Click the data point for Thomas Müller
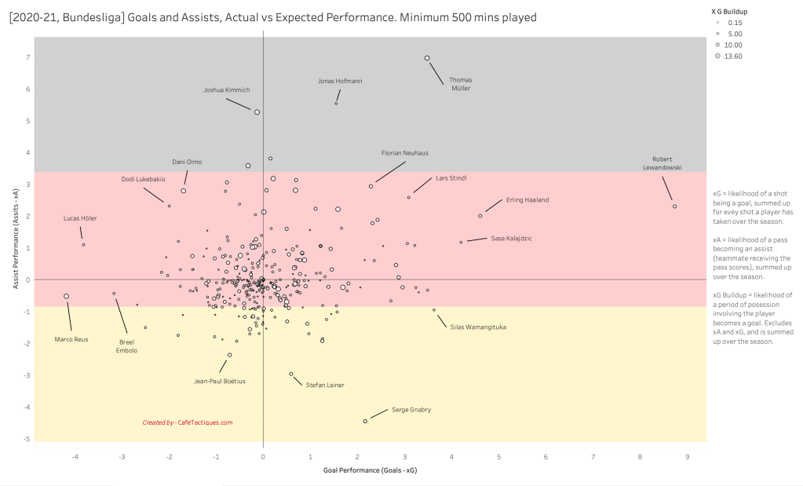click(427, 58)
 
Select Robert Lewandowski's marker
click(674, 206)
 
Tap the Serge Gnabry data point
click(365, 421)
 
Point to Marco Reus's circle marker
click(66, 296)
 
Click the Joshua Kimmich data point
click(257, 112)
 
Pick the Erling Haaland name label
click(527, 199)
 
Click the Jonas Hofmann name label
click(340, 81)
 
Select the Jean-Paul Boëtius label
click(220, 382)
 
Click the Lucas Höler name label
click(80, 218)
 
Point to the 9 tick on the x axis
click(687, 456)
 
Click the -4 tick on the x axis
click(75, 456)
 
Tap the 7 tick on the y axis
click(27, 58)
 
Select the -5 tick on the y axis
click(26, 439)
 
